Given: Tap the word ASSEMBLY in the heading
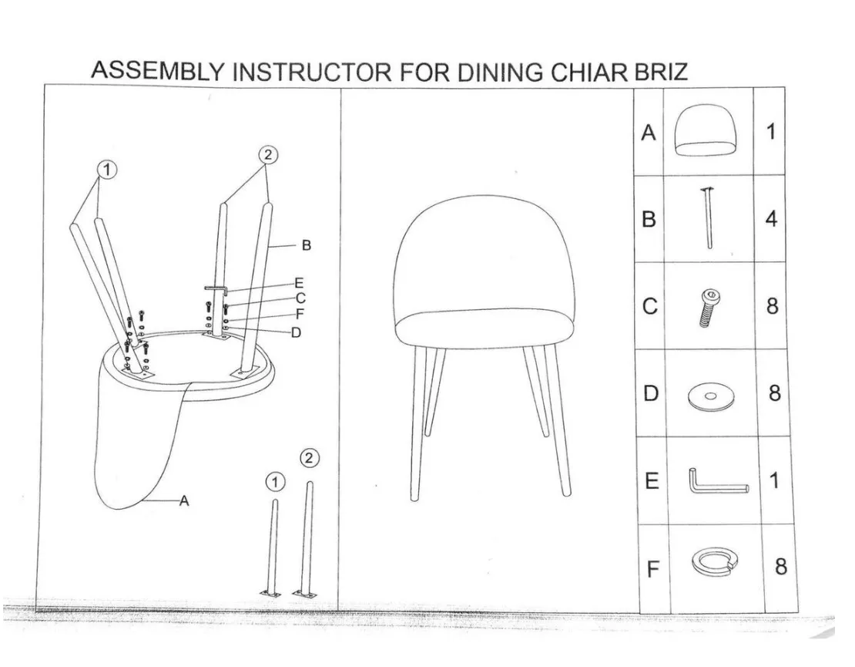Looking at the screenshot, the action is [x=157, y=69].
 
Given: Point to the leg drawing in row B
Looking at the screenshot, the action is [x=707, y=218].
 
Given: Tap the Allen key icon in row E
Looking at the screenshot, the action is [x=716, y=483].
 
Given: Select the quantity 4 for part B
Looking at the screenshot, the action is [x=771, y=219].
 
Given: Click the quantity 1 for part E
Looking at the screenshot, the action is [x=773, y=480].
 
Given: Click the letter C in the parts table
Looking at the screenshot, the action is [x=650, y=307].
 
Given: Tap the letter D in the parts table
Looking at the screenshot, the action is [x=651, y=394].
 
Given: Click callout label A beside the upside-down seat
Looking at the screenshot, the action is [x=183, y=501].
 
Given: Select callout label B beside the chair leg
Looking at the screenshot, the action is [x=306, y=246].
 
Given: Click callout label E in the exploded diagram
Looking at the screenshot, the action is [x=299, y=284].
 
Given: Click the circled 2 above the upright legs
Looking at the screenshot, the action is [x=267, y=155].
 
